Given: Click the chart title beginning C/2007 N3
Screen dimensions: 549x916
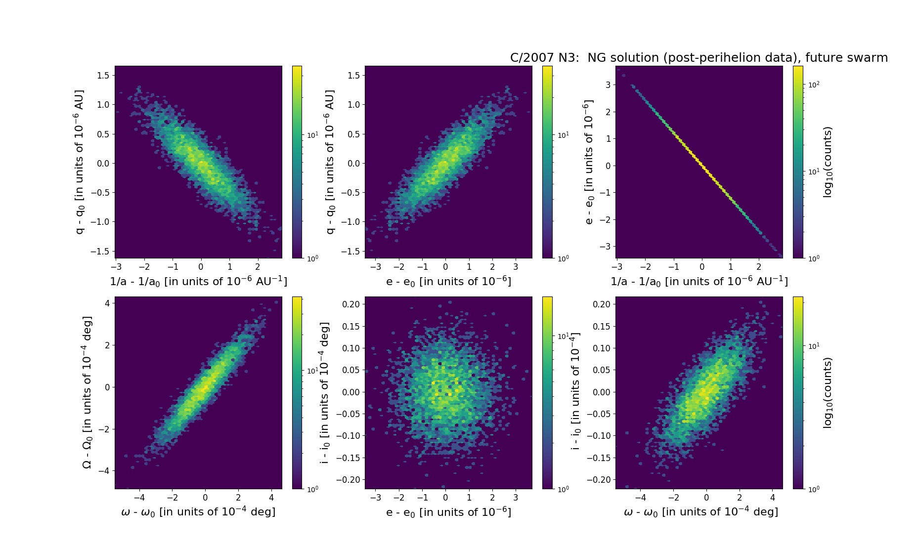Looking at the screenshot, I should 698,58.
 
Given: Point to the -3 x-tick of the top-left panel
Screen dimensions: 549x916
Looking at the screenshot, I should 116,267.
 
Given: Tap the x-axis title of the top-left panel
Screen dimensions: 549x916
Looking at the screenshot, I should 198,281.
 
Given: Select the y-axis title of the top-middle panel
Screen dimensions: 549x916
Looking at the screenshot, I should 330,162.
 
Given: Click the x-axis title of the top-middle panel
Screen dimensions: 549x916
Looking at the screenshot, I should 448,281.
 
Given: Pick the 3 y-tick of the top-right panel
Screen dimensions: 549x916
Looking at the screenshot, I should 608,84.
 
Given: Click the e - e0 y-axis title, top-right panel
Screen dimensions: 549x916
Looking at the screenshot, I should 588,162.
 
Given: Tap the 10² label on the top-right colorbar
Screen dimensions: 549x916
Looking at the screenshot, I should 814,84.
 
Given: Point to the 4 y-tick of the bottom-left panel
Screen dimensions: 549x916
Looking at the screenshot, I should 107,303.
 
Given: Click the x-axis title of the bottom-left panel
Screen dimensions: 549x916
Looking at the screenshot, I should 198,512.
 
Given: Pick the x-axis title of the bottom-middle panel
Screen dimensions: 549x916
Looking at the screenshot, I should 448,512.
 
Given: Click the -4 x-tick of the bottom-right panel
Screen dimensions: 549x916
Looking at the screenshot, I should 640,498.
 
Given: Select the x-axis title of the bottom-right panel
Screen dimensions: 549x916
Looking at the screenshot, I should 700,512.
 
